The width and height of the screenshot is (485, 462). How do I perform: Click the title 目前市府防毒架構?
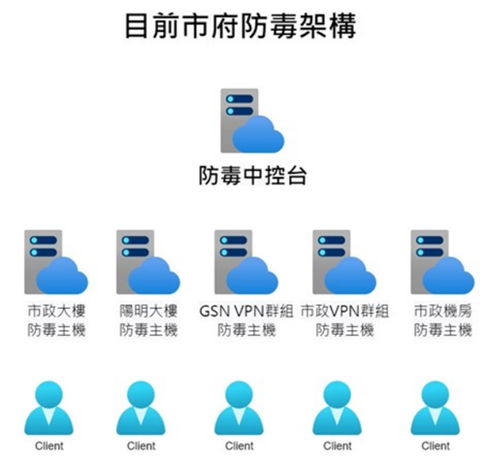(241, 26)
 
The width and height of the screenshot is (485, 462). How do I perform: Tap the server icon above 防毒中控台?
(252, 120)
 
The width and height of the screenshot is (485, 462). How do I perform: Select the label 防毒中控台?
(252, 176)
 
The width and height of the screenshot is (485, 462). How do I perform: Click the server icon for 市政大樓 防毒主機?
(56, 262)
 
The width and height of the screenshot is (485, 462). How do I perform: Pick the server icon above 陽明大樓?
(148, 262)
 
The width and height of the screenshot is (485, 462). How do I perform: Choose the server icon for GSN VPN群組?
(246, 262)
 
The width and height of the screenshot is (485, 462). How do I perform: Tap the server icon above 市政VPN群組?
(344, 262)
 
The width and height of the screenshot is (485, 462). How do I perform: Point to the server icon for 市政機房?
(442, 262)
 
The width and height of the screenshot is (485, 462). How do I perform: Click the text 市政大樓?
(56, 312)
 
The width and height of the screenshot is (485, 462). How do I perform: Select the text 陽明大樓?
(148, 312)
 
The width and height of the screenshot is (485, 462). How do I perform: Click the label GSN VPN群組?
(246, 312)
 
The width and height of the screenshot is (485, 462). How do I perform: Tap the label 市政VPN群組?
(344, 312)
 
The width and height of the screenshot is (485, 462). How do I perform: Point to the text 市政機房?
(443, 312)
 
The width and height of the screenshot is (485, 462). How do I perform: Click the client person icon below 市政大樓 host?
(48, 409)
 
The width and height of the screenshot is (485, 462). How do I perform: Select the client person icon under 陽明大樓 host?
(141, 409)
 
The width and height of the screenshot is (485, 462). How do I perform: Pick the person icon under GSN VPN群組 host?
(239, 409)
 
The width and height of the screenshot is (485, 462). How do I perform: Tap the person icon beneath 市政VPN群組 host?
(338, 409)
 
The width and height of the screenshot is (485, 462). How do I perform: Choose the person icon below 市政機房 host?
(436, 409)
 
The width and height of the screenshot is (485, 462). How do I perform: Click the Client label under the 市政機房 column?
(436, 445)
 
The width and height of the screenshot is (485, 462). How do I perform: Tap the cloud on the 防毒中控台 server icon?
(258, 134)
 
